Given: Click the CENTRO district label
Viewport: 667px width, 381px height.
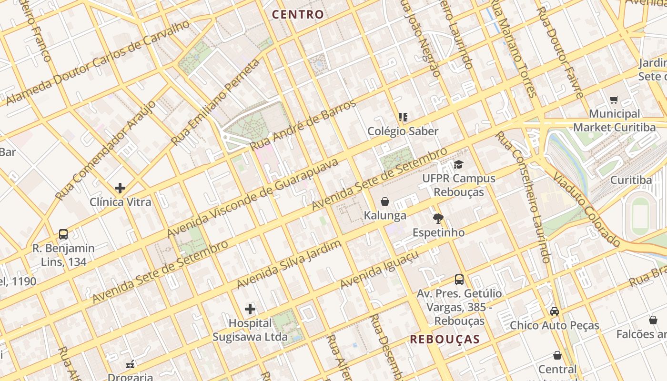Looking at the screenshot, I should coord(298,14).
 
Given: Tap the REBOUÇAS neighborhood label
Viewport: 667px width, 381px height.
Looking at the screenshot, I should coord(445,339).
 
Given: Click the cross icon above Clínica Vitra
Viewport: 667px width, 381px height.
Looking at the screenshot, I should coord(120,188).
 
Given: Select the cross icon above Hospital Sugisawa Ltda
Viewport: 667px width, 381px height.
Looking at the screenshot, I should coord(250,310).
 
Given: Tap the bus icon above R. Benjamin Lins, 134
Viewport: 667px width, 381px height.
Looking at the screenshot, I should coord(63,234).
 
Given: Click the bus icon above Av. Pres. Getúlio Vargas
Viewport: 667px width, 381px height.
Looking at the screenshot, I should coord(459,280).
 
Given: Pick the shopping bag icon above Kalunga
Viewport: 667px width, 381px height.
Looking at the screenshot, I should coord(385,201).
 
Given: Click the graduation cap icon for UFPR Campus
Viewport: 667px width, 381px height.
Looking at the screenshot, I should coord(458,165).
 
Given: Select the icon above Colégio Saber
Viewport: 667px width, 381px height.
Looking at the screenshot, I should coord(403,117).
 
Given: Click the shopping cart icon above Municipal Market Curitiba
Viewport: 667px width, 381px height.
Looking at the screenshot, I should coord(614,100).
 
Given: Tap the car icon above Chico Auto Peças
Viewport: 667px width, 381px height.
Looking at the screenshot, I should coord(555,311).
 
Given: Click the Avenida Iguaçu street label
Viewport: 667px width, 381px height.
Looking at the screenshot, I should coord(380,270).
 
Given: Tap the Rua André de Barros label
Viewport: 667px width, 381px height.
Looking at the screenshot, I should coord(303,125).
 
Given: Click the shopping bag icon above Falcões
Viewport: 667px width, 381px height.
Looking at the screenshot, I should coord(653,321).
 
